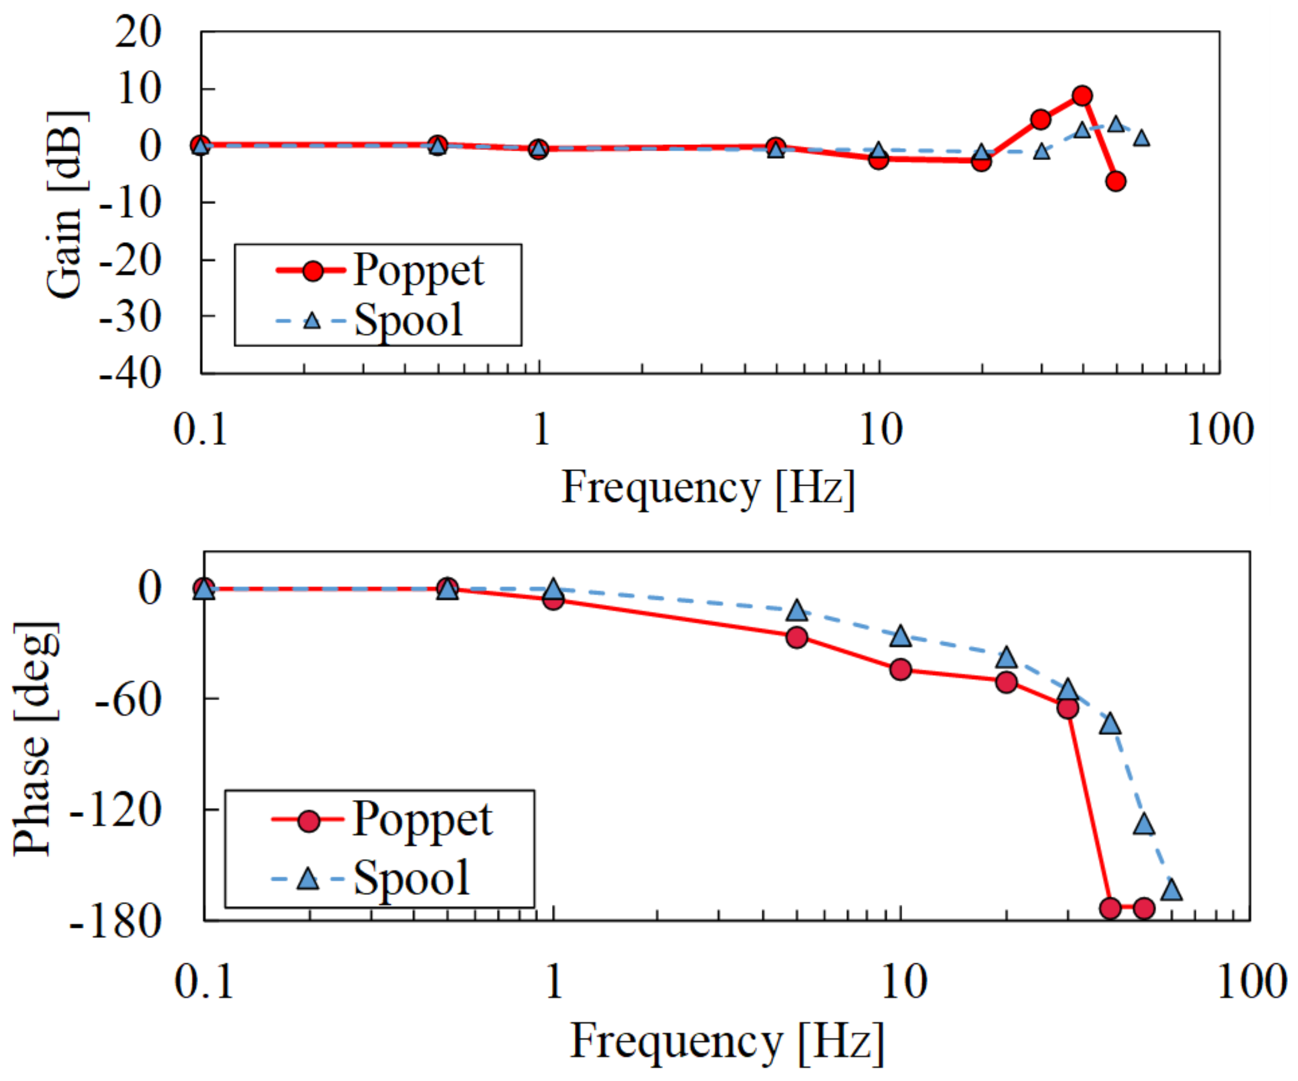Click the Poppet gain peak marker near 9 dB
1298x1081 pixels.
(x=1082, y=96)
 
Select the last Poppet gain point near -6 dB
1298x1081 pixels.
(x=1115, y=181)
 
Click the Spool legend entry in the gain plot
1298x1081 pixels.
(x=369, y=320)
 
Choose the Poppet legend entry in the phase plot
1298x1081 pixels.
(x=381, y=821)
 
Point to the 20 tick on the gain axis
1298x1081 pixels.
(x=138, y=32)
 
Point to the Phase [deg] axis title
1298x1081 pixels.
(x=36, y=739)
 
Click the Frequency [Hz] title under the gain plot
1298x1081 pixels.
(x=708, y=488)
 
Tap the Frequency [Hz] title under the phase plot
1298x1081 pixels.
(x=727, y=1042)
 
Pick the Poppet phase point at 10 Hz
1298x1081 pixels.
(x=900, y=670)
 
